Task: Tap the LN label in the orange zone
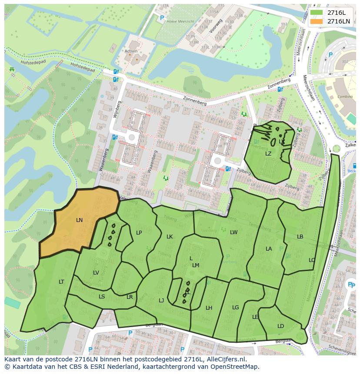pos(79,220)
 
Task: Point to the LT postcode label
pos(61,282)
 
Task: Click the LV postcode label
pos(96,273)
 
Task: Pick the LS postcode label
pos(102,297)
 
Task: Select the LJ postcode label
pos(161,300)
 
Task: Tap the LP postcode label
pos(139,233)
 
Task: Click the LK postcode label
pos(170,237)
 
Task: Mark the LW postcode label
pos(234,232)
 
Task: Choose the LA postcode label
pos(269,249)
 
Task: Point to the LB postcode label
pos(300,237)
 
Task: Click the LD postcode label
pos(280,326)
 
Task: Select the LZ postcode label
pos(268,153)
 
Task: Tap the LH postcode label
pos(209,308)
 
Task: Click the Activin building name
pos(131,51)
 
